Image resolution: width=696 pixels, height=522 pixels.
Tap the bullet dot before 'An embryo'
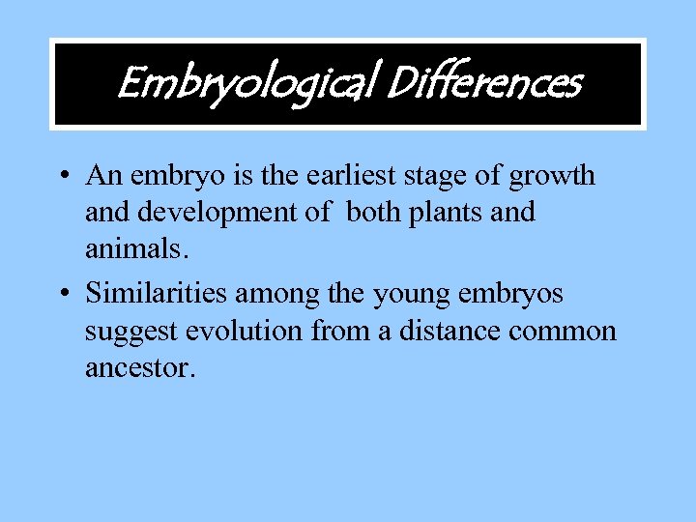click(62, 177)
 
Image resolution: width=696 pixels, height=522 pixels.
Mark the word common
click(563, 332)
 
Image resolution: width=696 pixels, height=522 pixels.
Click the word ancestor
click(139, 367)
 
